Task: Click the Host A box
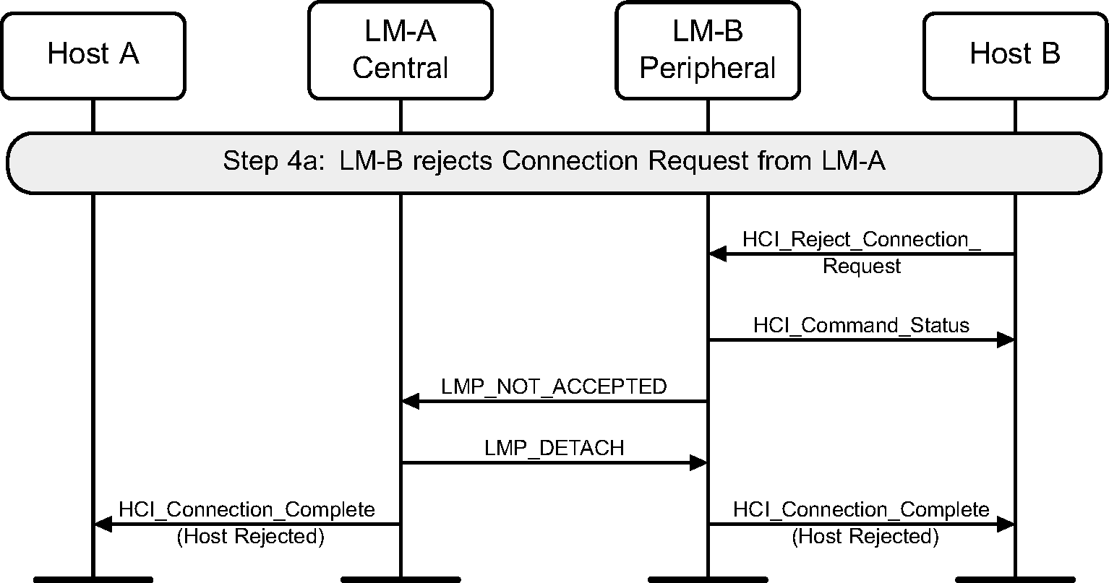tap(93, 55)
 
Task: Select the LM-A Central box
tap(401, 50)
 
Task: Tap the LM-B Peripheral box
tap(708, 50)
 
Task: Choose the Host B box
tap(1015, 55)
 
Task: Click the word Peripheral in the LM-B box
tap(708, 69)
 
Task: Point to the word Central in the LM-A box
tap(401, 69)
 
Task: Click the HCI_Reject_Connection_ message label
tap(862, 240)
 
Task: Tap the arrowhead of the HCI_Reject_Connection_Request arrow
tap(716, 254)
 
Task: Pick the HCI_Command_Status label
tap(861, 325)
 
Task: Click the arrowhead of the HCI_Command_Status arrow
tap(1006, 340)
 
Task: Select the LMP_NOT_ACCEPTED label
tap(554, 386)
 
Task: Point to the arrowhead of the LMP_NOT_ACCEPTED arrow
tap(410, 401)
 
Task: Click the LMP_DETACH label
tap(554, 448)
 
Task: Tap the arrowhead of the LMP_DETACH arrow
tap(698, 462)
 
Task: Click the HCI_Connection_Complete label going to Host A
tap(247, 509)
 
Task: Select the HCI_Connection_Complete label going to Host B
tap(861, 509)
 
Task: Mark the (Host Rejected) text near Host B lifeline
tap(865, 537)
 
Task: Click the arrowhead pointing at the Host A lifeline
tap(103, 524)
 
